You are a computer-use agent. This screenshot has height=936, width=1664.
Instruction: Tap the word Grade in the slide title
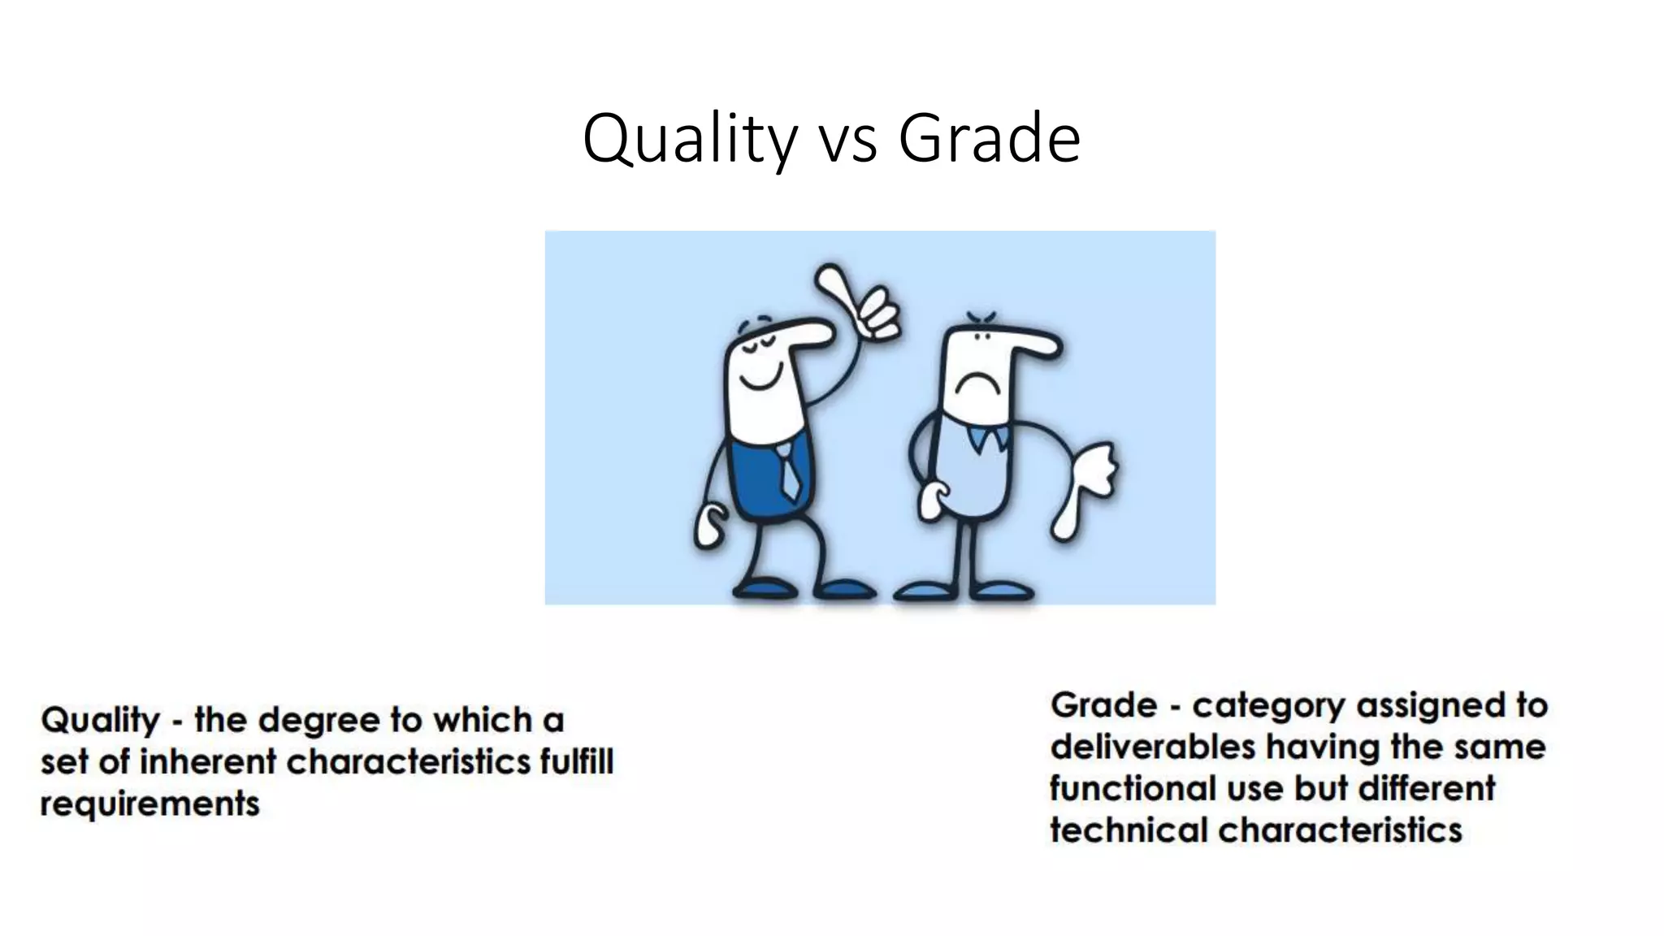coord(989,138)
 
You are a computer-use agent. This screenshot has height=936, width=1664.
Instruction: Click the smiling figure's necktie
coord(786,470)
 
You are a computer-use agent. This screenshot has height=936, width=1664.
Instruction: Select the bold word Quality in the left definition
coord(101,721)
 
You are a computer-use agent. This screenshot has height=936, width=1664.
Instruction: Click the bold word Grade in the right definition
coord(1103,704)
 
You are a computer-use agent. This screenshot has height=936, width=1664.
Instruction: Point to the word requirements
coord(149,804)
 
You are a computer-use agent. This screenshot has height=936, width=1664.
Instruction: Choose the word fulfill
coord(576,762)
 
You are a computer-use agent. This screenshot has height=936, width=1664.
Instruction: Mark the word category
coord(1268,706)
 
